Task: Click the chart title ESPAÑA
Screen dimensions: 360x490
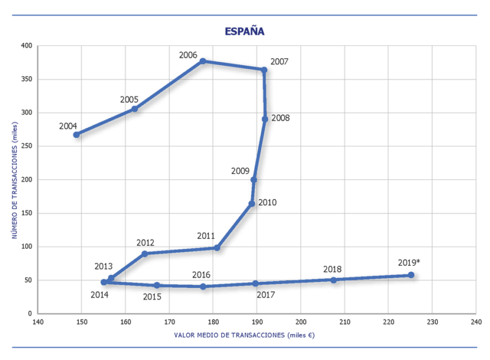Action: (x=244, y=31)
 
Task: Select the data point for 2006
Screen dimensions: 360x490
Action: (x=203, y=61)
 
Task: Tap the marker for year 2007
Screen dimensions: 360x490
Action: (x=264, y=70)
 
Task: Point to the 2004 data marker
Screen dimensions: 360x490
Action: (x=77, y=135)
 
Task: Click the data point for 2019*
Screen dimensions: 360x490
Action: (x=411, y=275)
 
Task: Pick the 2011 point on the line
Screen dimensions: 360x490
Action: (x=217, y=248)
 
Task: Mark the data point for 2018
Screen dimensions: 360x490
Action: (x=334, y=280)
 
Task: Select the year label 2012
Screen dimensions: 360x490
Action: (x=145, y=242)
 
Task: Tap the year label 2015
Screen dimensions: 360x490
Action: (x=153, y=297)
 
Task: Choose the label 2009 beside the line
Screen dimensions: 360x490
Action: (x=240, y=171)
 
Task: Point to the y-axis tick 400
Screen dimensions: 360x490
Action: (x=26, y=46)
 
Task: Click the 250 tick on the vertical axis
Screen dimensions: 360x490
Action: (x=26, y=146)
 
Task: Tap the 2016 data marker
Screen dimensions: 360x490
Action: (x=203, y=287)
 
